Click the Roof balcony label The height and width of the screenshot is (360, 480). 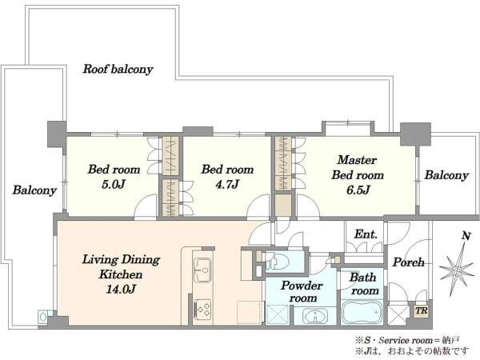tap(118, 69)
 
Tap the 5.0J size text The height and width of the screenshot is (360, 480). tap(114, 185)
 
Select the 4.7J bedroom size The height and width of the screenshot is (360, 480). tap(227, 185)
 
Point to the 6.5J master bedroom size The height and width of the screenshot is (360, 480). tap(358, 190)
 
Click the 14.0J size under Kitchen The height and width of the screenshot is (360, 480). tap(121, 289)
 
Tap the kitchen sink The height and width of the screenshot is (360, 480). tap(202, 270)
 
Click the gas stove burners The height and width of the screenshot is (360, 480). tap(202, 309)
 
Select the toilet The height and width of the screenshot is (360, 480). tap(278, 262)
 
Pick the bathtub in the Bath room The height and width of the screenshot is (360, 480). tap(362, 313)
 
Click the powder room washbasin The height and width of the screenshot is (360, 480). tap(314, 316)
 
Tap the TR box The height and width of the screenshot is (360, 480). tap(422, 310)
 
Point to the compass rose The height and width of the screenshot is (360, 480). tap(456, 270)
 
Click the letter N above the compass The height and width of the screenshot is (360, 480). tap(466, 236)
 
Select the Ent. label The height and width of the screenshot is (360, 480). tap(366, 234)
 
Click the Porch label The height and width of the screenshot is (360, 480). tap(408, 262)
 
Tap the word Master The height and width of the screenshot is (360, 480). tap(357, 160)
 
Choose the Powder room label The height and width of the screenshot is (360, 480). tap(302, 292)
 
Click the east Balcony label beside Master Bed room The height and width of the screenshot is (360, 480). tap(446, 175)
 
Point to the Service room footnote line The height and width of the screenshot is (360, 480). tap(407, 340)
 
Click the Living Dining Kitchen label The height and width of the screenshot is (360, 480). tap(121, 267)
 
